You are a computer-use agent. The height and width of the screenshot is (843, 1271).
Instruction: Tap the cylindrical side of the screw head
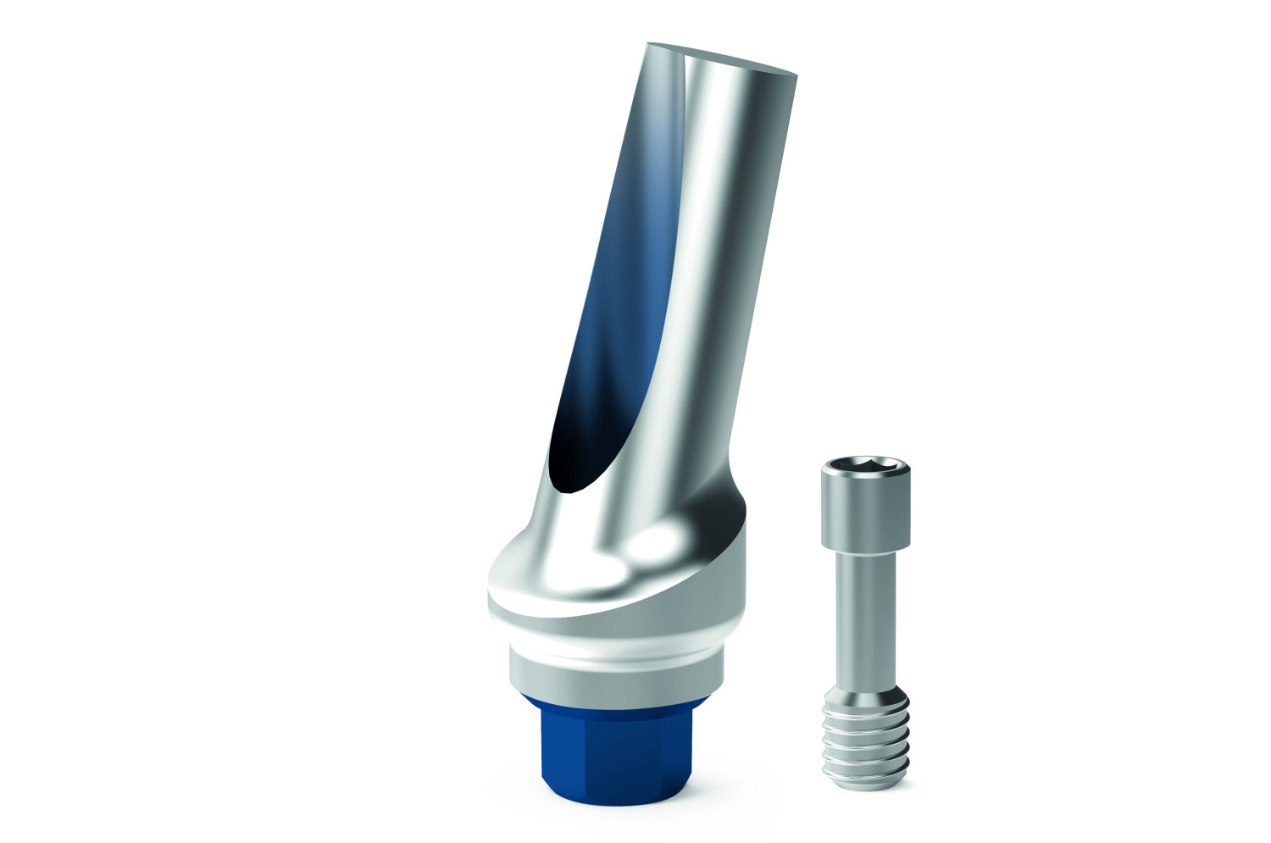(865, 508)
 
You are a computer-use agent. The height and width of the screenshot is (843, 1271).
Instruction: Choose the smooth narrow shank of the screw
(865, 610)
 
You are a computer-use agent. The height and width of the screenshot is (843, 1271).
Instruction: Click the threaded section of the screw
(865, 737)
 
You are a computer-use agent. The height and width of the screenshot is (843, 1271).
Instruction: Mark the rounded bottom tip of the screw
(865, 784)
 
